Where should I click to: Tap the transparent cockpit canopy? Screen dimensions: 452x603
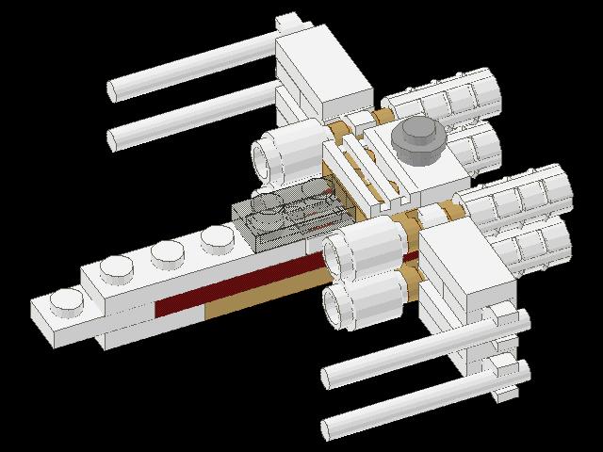[287, 213]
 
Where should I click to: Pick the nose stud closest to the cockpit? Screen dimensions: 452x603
[215, 234]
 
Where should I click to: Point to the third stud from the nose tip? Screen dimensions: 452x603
[166, 252]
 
